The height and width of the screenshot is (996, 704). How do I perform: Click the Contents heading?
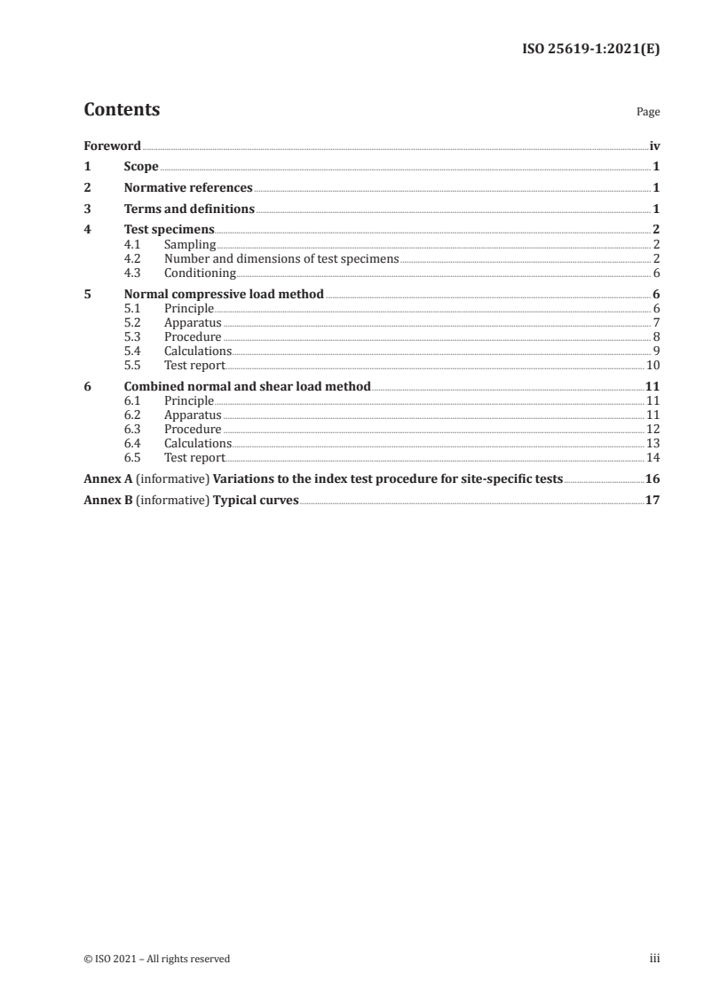click(122, 110)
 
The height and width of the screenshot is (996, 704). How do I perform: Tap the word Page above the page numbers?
click(648, 113)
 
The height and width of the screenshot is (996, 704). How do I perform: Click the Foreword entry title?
click(112, 146)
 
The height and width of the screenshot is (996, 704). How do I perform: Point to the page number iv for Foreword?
click(654, 146)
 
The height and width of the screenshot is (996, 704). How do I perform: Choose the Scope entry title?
click(141, 167)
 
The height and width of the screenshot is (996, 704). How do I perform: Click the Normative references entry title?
click(188, 188)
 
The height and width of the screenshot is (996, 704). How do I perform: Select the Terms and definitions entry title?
click(189, 209)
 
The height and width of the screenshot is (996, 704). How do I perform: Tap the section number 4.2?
click(132, 259)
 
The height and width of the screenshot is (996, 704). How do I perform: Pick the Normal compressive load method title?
click(224, 295)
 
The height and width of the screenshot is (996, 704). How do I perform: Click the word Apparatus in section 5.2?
click(193, 323)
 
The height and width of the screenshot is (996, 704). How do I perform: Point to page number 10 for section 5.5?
click(652, 366)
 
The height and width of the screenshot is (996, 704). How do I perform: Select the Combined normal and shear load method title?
click(247, 387)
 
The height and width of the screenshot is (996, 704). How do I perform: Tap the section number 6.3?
click(132, 430)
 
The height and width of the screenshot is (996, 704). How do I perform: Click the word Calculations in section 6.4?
click(197, 444)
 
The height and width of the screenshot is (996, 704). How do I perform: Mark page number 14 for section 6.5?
click(652, 458)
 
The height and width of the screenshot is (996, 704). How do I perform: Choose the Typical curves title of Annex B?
click(256, 501)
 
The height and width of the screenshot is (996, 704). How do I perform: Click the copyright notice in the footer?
click(156, 959)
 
